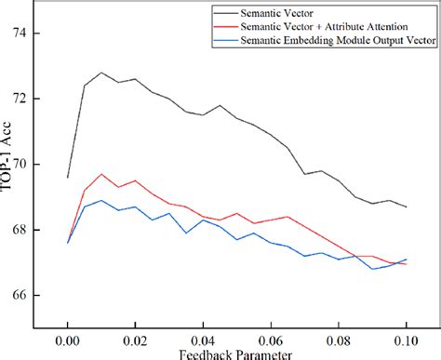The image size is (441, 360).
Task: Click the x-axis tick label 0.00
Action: [x=68, y=340]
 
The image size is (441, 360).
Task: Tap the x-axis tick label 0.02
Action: [x=135, y=340]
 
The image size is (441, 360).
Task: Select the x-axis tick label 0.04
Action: [x=203, y=340]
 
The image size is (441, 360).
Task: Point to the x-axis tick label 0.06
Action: [x=271, y=340]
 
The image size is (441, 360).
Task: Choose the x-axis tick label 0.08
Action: [x=339, y=340]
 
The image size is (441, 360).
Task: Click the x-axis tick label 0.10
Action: [x=406, y=340]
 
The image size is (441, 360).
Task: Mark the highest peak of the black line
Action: [x=101, y=73]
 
